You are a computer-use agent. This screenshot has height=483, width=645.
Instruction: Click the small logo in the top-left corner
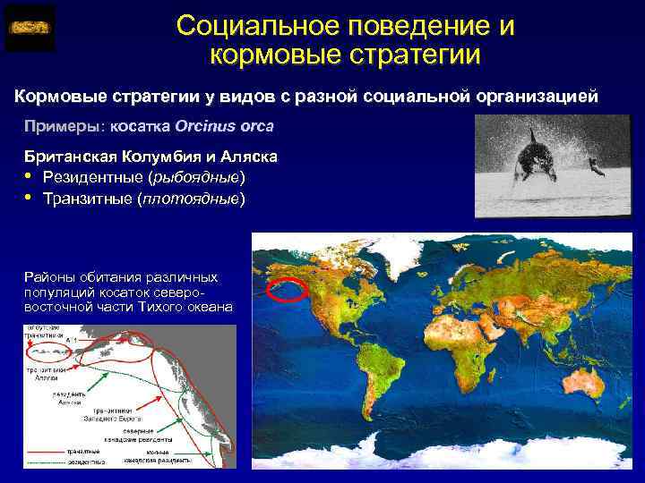coord(29,28)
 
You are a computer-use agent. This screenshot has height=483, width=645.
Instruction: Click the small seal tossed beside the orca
coord(592,164)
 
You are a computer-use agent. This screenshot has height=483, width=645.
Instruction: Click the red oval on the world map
coord(288,289)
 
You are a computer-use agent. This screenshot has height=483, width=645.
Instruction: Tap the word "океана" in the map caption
coord(208,307)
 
